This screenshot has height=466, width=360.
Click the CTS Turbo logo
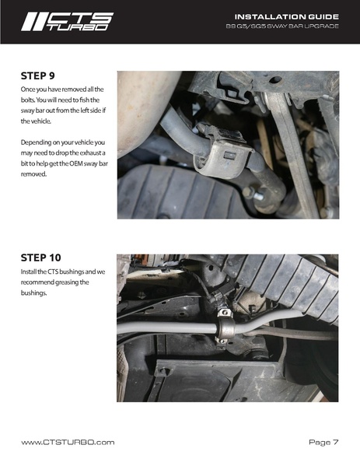click(x=67, y=22)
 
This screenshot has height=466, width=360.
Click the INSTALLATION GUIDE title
click(x=287, y=16)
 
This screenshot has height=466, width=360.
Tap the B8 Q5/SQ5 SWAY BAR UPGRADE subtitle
click(x=282, y=26)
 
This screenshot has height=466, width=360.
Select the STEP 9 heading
click(x=38, y=75)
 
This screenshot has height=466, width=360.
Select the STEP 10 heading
click(x=40, y=258)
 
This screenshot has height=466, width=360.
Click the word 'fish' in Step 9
click(x=85, y=100)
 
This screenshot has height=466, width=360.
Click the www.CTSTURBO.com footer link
click(x=68, y=442)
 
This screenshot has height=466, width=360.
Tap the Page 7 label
click(x=323, y=442)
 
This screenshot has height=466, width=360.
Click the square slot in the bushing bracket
click(x=229, y=155)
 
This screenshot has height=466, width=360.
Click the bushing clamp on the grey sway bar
click(x=225, y=327)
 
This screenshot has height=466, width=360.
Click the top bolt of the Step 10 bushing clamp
click(x=225, y=313)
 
